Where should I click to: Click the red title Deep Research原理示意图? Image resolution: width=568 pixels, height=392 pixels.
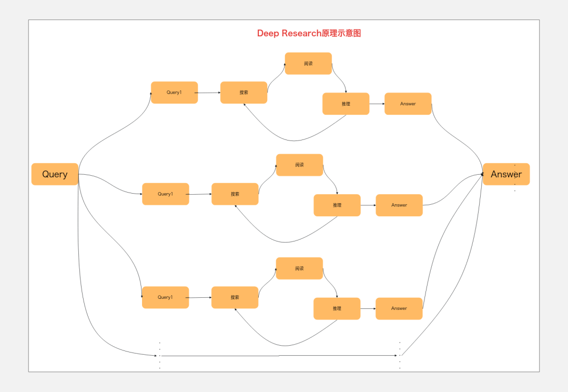(x=309, y=33)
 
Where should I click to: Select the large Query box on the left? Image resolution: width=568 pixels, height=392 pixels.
(x=55, y=174)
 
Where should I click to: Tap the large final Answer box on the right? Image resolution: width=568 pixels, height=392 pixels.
(x=506, y=174)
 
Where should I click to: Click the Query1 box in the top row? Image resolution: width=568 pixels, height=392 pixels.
(x=174, y=93)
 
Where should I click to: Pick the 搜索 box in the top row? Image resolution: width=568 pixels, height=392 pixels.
(x=244, y=93)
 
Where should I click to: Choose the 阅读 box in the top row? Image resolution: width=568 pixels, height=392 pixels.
(x=308, y=64)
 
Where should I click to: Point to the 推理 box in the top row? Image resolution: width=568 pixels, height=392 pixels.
(x=346, y=104)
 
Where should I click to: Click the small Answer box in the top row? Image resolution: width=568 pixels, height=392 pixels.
(x=408, y=104)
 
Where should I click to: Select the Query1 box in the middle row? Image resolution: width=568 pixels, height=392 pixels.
(x=165, y=194)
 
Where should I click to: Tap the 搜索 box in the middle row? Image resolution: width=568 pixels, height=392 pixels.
(x=235, y=194)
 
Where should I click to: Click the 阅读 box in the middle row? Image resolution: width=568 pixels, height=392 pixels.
(x=299, y=165)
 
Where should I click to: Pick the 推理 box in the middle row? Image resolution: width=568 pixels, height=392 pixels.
(x=337, y=205)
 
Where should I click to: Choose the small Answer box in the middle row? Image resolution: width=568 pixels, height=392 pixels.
(x=399, y=205)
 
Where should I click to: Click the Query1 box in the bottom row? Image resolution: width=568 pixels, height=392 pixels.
(x=165, y=297)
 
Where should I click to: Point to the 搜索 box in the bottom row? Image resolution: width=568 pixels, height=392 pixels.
(x=235, y=297)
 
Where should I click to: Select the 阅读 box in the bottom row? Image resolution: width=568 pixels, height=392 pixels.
(x=299, y=268)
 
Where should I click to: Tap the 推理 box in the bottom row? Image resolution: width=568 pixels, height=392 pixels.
(x=337, y=308)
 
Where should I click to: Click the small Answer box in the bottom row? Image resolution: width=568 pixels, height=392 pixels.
(x=399, y=308)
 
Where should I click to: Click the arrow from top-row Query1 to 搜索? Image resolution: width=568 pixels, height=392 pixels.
(x=209, y=93)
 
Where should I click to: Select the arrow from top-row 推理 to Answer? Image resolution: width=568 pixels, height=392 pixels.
(x=377, y=104)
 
